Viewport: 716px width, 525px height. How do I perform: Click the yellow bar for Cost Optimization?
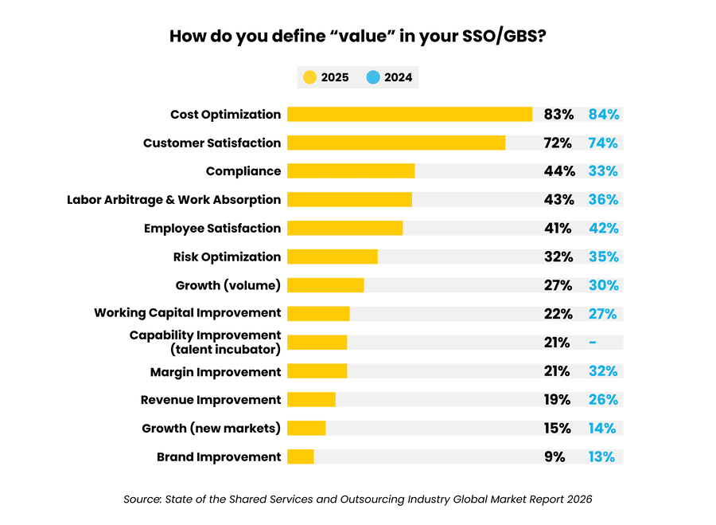[409, 114]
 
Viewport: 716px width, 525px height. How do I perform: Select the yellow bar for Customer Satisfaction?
[395, 143]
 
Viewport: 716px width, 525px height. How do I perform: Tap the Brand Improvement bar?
[300, 456]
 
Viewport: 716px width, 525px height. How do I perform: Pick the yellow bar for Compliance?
[350, 171]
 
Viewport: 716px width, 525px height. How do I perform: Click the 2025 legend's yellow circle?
[309, 77]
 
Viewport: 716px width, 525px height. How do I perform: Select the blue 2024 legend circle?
[372, 77]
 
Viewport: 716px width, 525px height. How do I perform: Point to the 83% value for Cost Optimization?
[558, 114]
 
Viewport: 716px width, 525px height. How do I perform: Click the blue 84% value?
[603, 114]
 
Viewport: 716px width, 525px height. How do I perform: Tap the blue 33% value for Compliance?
[603, 171]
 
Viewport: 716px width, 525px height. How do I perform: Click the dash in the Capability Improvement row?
[593, 343]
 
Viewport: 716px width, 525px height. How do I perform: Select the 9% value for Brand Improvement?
[555, 456]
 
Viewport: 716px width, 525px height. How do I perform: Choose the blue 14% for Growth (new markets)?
[602, 428]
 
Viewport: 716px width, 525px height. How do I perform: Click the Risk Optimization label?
[227, 257]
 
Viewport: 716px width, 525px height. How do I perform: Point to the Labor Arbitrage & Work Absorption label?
[173, 199]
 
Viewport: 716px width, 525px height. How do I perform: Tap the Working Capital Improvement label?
[187, 312]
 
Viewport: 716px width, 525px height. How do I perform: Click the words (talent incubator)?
[225, 350]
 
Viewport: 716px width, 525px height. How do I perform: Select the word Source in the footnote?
[142, 499]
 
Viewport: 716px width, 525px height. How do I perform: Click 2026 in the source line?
[578, 499]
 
